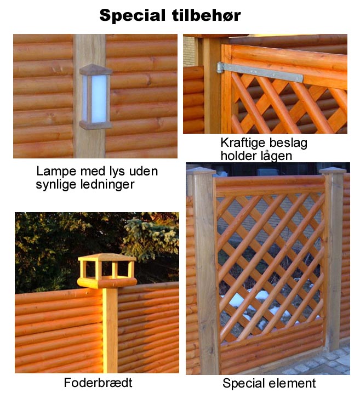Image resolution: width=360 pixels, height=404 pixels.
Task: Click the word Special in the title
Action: tap(133, 15)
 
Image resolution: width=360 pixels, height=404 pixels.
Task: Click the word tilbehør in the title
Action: tap(206, 15)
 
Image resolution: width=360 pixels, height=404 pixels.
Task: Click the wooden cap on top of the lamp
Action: tap(95, 70)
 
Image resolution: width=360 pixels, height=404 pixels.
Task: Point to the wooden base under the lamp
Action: tap(95, 125)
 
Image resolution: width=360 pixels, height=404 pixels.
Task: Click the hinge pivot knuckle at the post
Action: tap(219, 67)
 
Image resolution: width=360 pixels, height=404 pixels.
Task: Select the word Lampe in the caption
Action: tap(56, 172)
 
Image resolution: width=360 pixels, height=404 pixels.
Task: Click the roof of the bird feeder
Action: tap(107, 258)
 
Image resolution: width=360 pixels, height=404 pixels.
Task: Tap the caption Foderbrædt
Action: tap(98, 383)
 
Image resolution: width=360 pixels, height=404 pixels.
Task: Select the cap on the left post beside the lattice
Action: tap(201, 170)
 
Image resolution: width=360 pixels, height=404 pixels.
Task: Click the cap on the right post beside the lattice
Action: tap(333, 170)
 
